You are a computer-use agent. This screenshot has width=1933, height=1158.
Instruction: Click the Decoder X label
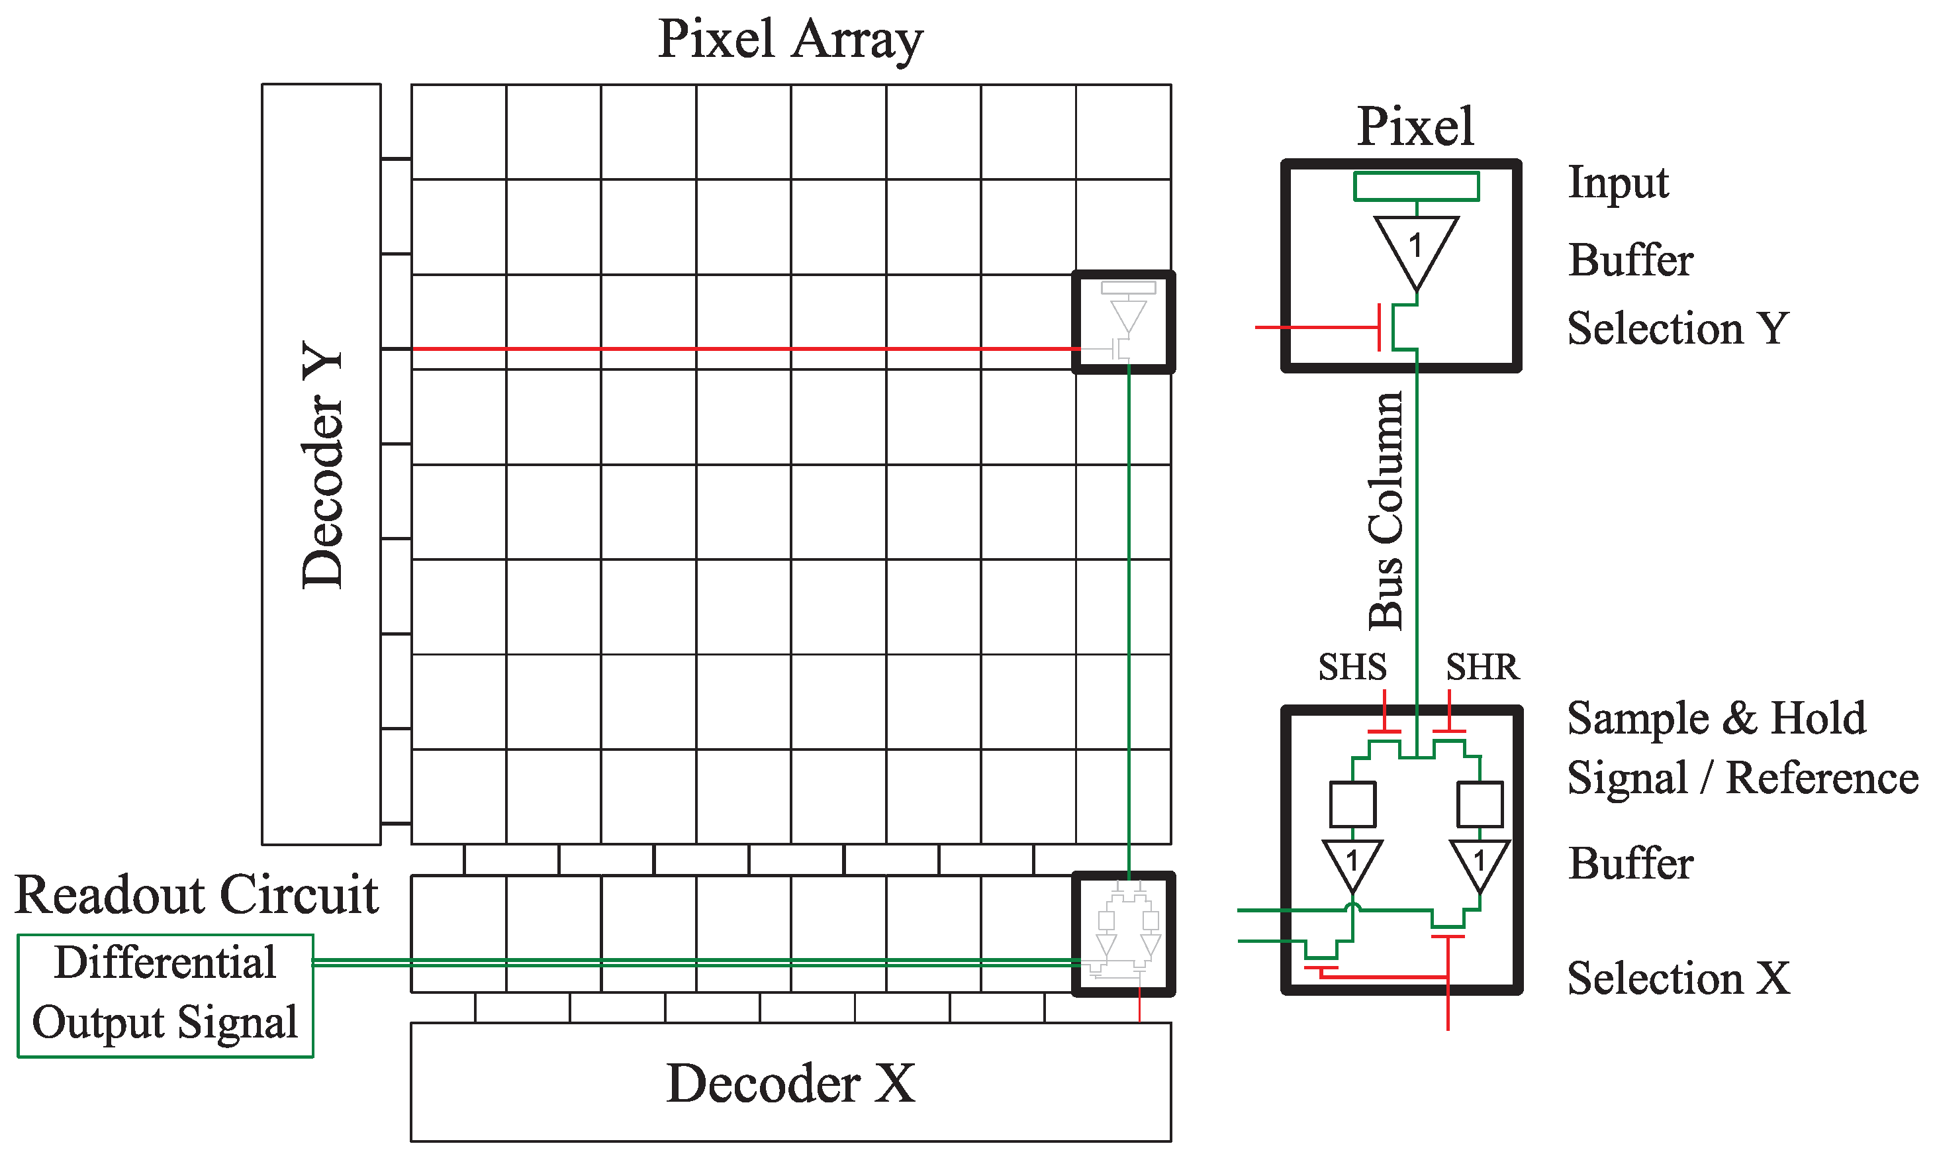click(x=790, y=1083)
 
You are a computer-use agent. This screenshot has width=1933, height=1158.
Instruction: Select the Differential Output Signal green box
click(x=165, y=995)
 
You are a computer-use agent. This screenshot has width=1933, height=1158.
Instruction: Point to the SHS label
click(x=1352, y=668)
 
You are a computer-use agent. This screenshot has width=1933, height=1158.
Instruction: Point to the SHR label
click(x=1482, y=668)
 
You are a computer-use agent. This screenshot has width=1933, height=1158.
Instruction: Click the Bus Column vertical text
click(x=1386, y=511)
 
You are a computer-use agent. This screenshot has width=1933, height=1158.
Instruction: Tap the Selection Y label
click(x=1677, y=328)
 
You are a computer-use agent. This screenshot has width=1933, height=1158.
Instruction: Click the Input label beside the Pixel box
click(x=1618, y=183)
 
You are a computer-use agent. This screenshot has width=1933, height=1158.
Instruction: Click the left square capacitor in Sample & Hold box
click(x=1352, y=804)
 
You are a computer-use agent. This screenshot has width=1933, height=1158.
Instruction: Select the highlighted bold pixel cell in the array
click(x=1123, y=322)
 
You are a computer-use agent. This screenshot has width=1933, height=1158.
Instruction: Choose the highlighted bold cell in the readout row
click(x=1123, y=934)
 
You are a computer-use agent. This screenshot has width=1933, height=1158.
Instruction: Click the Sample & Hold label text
click(x=1716, y=718)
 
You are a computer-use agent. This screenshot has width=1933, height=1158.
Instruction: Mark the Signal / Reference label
click(x=1742, y=779)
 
